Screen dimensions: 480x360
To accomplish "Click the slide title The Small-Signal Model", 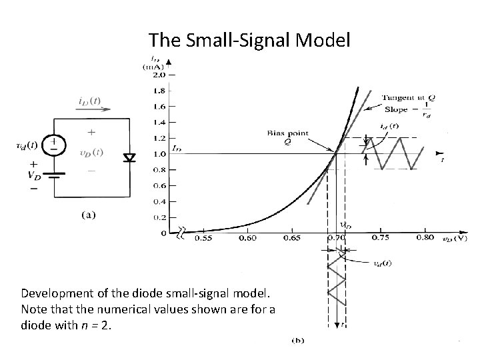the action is click(x=249, y=41).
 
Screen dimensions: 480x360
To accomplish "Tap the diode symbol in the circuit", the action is click(x=129, y=157).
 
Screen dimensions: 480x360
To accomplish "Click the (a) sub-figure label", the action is click(x=88, y=215).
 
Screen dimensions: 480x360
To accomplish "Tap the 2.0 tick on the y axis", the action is click(x=160, y=75).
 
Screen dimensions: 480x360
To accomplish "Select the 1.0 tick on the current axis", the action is click(x=160, y=154).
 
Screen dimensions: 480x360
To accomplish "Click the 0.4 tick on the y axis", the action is click(x=160, y=201).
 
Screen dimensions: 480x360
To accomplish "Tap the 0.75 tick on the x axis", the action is click(x=379, y=238).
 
